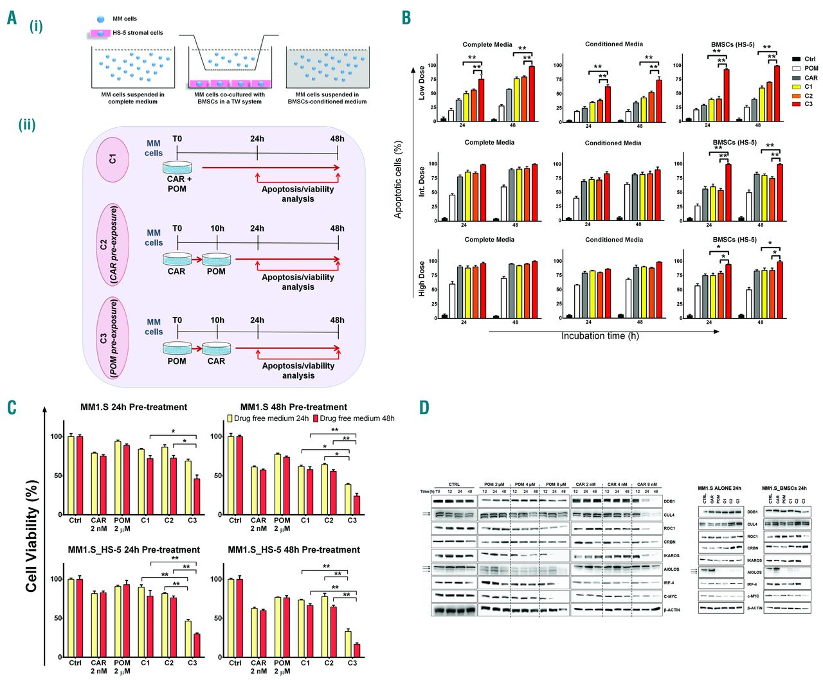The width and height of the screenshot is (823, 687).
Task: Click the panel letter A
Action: tap(12, 18)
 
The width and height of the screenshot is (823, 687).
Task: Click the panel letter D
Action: tap(424, 407)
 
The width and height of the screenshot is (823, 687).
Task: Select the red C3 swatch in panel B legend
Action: tap(796, 104)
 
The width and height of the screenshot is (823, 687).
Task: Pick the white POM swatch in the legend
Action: tap(796, 68)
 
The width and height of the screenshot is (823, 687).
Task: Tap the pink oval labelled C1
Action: tap(113, 158)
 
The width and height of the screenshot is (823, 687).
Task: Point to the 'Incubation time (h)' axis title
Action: tap(600, 336)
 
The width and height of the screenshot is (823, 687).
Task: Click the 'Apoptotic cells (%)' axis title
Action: tap(398, 180)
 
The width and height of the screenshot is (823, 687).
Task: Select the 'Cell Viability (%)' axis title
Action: tap(32, 535)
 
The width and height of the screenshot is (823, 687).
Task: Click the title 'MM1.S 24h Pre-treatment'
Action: tap(134, 407)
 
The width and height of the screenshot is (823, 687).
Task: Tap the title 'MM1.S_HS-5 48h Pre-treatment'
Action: tap(294, 549)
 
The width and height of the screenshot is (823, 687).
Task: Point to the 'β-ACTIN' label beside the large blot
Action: tap(672, 610)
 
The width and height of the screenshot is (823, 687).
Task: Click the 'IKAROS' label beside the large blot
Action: tap(671, 555)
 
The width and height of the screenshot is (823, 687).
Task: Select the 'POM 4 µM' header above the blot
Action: tap(525, 485)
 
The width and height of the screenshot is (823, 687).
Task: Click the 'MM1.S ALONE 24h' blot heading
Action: tap(719, 488)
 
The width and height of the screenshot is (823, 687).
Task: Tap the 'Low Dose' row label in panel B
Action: tap(422, 82)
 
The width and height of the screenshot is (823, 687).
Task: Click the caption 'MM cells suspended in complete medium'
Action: tap(132, 98)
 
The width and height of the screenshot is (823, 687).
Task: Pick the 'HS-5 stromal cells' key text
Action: tap(138, 33)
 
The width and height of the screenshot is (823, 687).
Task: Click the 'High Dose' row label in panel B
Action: tap(422, 278)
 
